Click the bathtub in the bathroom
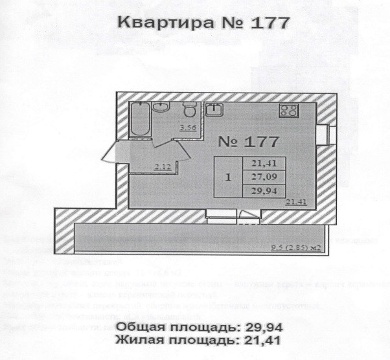click(x=139, y=118)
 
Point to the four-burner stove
click(x=288, y=110)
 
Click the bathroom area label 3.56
click(x=188, y=128)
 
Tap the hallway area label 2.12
click(x=162, y=167)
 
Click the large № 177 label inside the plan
click(x=247, y=141)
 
